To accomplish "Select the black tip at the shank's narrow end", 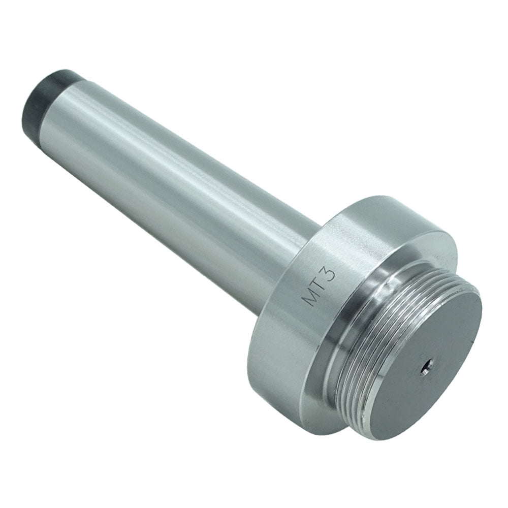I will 41,99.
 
